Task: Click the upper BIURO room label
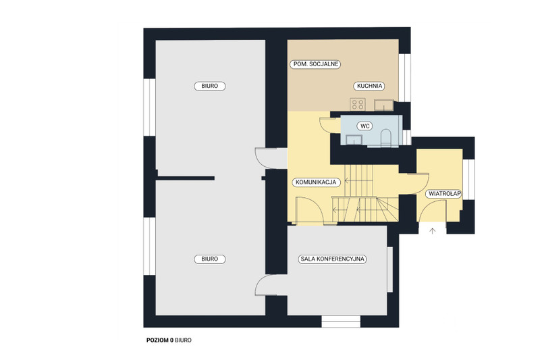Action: click(210, 86)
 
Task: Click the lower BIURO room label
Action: click(210, 259)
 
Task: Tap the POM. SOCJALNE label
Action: click(315, 64)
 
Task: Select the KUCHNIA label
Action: click(369, 86)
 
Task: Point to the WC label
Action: click(365, 126)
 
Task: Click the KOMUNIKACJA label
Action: click(316, 182)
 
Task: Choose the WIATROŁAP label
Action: click(444, 194)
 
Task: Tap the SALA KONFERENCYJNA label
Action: click(332, 259)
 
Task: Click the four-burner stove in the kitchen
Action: click(358, 105)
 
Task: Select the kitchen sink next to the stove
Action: click(384, 105)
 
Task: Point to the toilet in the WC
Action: click(386, 138)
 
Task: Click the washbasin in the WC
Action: click(354, 140)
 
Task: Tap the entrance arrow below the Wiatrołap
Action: click(433, 231)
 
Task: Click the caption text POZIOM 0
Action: click(160, 340)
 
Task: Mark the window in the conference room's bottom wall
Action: click(341, 322)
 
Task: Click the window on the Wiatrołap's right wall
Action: click(468, 179)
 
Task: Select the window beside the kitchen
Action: click(405, 78)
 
